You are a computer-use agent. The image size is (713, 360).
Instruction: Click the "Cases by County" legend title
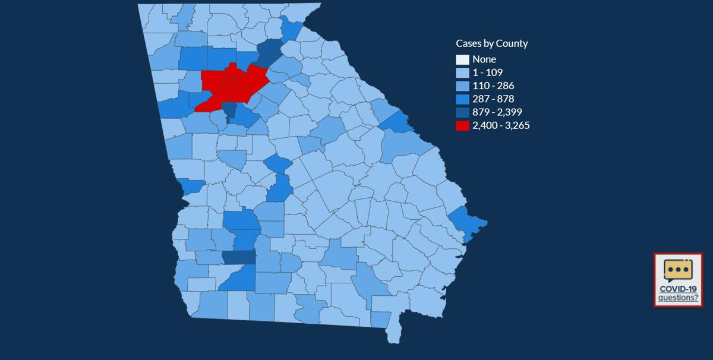click(x=491, y=43)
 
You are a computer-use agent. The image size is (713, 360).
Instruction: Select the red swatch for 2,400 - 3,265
click(x=462, y=125)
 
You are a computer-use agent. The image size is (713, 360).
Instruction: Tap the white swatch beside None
click(x=462, y=59)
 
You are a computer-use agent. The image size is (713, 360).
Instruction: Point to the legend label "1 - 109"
click(x=487, y=72)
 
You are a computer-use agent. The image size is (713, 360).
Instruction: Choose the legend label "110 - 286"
click(x=493, y=86)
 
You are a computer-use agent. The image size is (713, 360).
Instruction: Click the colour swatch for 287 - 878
click(x=462, y=99)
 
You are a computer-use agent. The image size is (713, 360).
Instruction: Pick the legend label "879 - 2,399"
click(x=497, y=112)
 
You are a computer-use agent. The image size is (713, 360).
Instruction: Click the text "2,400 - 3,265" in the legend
click(x=501, y=125)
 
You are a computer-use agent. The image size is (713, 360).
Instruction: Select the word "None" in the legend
click(x=484, y=59)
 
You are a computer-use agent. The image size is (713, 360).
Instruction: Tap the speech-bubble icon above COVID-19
click(x=677, y=271)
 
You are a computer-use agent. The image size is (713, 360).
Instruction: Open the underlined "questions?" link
click(x=678, y=297)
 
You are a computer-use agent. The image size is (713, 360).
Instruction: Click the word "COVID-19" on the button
click(x=678, y=289)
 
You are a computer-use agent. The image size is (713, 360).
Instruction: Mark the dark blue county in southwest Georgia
click(x=239, y=257)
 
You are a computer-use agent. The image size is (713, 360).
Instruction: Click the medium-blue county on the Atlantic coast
click(x=466, y=223)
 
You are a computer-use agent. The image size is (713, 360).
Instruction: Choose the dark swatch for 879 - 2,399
click(x=462, y=112)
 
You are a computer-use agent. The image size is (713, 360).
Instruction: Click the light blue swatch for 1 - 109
click(x=462, y=72)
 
